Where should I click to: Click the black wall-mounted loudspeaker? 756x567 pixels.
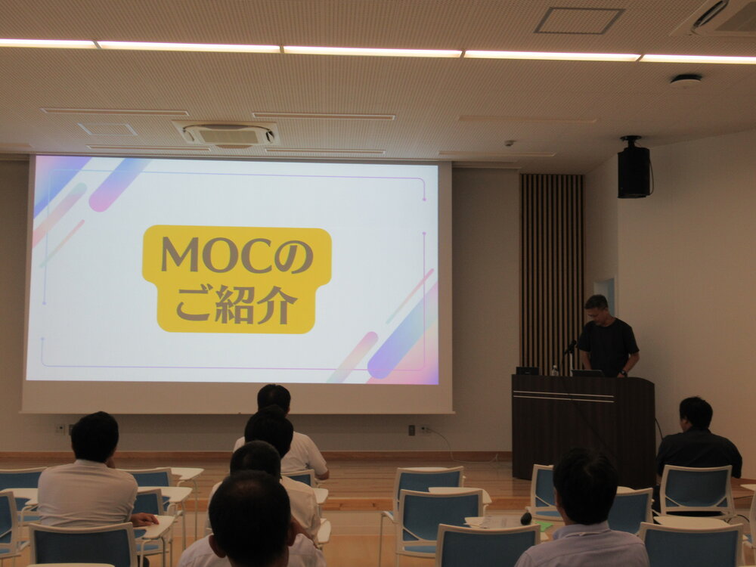tap(634, 168)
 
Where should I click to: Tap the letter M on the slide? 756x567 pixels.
tap(180, 254)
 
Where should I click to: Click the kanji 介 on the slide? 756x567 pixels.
tap(277, 305)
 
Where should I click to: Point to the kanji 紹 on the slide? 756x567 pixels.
tap(235, 304)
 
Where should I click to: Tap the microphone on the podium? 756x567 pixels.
tap(570, 347)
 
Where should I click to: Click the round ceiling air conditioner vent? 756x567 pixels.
tap(228, 135)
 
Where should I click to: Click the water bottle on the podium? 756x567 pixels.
tap(554, 370)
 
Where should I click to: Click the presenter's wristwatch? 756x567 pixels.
tap(624, 372)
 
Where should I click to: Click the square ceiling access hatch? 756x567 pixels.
tap(579, 20)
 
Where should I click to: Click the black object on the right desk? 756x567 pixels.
tap(525, 519)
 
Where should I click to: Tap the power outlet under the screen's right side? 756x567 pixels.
tap(425, 429)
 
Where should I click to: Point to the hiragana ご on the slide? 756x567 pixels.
tap(194, 305)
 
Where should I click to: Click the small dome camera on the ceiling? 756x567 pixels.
tap(509, 143)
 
